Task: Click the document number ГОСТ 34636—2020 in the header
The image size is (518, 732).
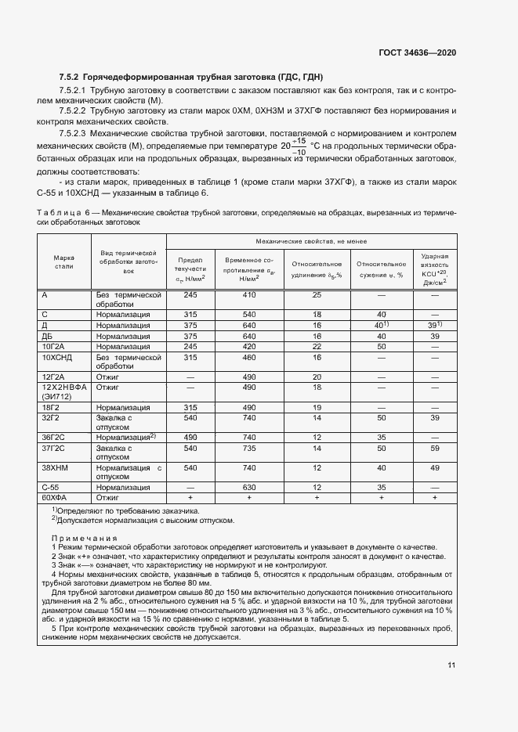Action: click(x=418, y=52)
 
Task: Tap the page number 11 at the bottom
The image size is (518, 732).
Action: click(x=451, y=666)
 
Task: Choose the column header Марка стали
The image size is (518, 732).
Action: click(x=63, y=261)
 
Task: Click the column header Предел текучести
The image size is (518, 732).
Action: click(x=190, y=268)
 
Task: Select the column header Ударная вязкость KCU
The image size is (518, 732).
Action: click(x=434, y=268)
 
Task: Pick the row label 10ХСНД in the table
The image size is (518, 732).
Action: click(x=58, y=356)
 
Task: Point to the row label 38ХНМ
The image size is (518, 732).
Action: click(x=56, y=467)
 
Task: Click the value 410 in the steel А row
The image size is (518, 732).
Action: click(x=249, y=295)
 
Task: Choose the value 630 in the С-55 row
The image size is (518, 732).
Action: click(x=249, y=487)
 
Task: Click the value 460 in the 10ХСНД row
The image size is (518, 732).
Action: click(x=249, y=356)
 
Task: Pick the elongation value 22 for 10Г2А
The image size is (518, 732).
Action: click(x=317, y=346)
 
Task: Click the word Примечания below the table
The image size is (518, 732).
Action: click(x=84, y=539)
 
